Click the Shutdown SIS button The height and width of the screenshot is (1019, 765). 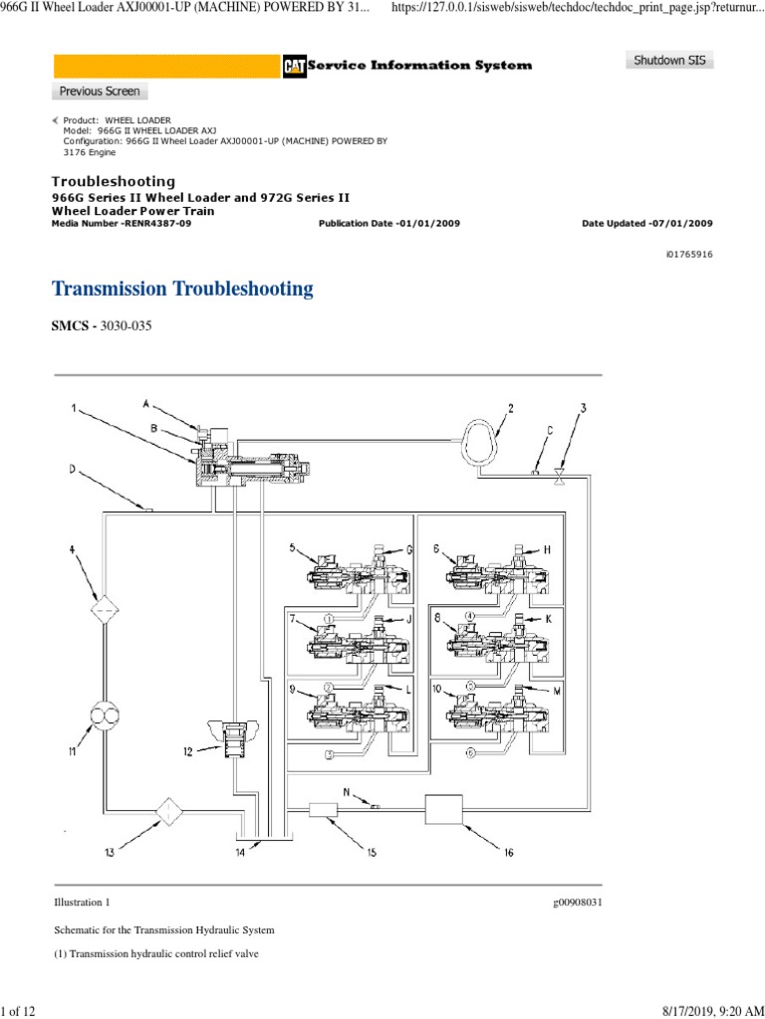[x=669, y=61]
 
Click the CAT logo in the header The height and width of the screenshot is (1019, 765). [x=294, y=66]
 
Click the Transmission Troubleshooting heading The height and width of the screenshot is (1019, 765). [x=182, y=290]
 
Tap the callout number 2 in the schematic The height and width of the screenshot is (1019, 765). [x=511, y=408]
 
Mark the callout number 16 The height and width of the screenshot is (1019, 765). [x=508, y=852]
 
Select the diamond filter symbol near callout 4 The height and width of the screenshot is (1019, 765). [x=105, y=609]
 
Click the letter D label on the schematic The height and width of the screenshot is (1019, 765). [x=71, y=468]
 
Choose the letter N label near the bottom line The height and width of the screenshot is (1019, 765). [x=348, y=792]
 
